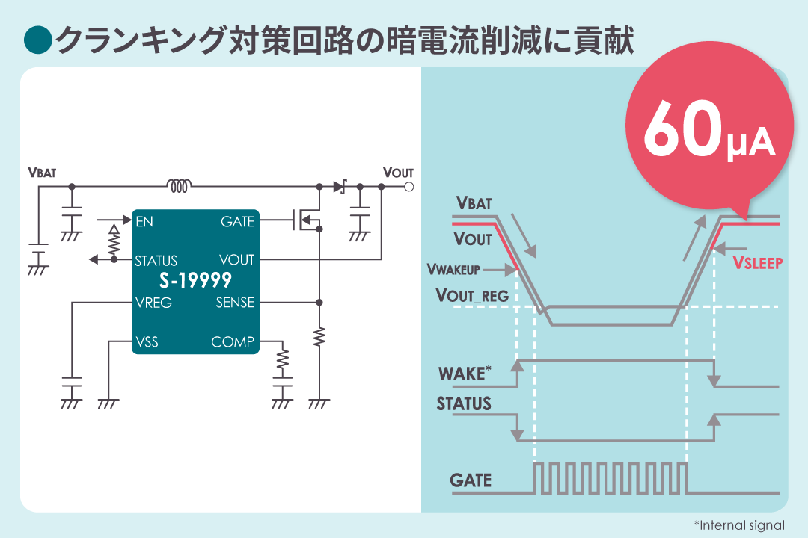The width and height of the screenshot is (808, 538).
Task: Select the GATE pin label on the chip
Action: (237, 221)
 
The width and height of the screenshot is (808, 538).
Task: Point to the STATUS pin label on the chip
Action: (156, 261)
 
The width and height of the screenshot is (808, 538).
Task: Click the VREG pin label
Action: (153, 303)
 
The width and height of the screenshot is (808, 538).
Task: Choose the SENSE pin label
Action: (235, 303)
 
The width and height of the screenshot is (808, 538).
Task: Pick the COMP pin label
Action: (233, 342)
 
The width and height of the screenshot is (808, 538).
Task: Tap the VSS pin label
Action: (147, 342)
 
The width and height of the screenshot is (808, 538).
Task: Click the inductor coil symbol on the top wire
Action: (179, 185)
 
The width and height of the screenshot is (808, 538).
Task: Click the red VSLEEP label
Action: (757, 262)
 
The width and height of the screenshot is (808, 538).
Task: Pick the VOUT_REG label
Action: (472, 295)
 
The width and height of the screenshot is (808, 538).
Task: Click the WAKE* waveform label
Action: (465, 372)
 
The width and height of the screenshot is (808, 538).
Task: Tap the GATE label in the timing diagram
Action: (471, 480)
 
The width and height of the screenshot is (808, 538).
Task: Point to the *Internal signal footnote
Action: (739, 525)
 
